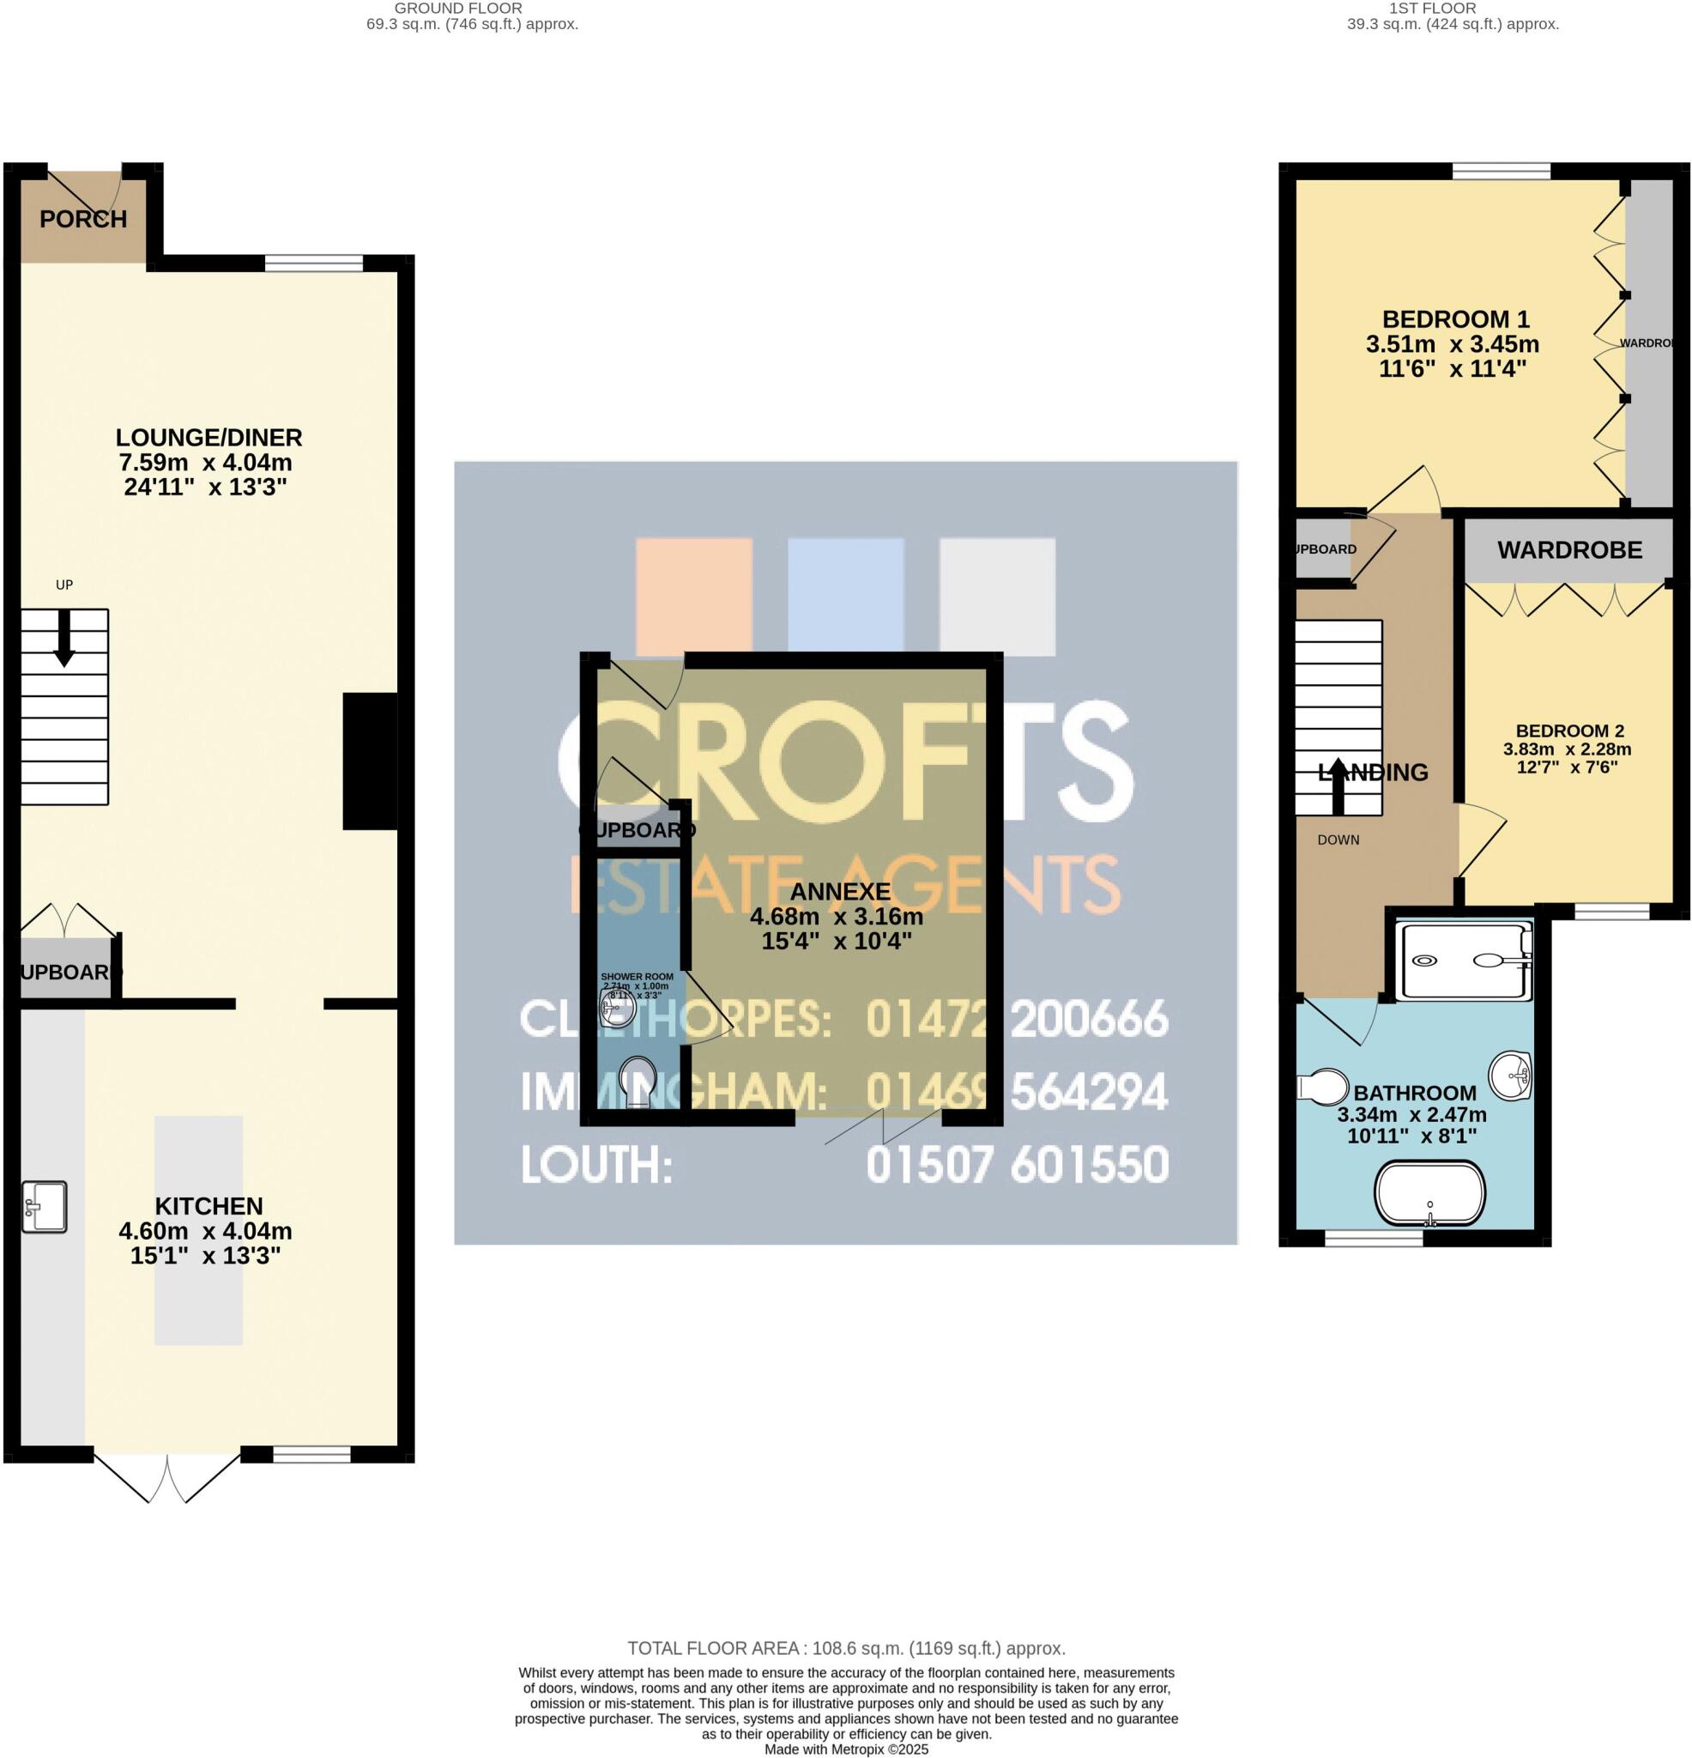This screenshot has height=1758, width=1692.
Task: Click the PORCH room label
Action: click(83, 219)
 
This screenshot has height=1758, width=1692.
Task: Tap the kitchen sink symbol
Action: click(45, 1206)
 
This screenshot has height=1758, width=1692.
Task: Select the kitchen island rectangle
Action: click(198, 1230)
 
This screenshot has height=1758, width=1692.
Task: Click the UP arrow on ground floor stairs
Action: click(63, 638)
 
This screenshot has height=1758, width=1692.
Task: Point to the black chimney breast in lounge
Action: click(371, 761)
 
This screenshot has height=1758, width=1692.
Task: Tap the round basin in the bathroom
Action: click(1511, 1074)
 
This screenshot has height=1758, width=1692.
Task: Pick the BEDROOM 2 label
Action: click(1569, 731)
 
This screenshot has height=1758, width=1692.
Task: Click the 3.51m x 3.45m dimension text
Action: click(1452, 344)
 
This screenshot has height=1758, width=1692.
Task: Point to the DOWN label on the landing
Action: click(1338, 840)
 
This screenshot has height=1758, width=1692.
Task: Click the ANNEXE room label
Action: click(839, 892)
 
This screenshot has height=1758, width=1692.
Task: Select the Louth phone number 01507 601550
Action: click(1017, 1164)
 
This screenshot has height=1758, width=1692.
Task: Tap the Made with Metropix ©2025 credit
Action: click(845, 1749)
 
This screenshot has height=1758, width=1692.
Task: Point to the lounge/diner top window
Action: click(314, 263)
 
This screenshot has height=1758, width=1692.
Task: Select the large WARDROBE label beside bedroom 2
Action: click(1569, 550)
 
